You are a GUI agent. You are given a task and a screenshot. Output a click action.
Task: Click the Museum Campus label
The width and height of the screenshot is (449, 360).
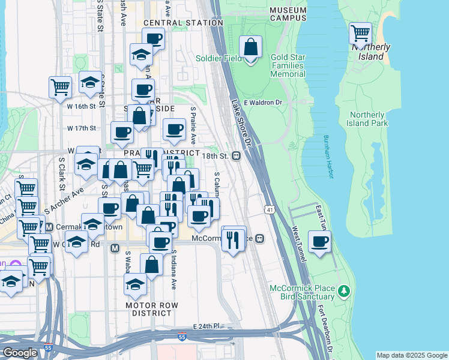point(288,14)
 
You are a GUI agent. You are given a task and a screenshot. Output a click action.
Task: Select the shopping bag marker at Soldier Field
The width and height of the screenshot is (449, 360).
point(251,47)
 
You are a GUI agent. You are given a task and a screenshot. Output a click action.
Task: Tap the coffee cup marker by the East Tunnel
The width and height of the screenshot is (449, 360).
point(319,242)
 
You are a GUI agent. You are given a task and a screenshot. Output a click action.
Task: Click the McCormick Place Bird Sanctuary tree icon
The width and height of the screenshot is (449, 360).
point(343,292)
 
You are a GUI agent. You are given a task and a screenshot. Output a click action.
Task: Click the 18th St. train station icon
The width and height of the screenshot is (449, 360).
point(237,156)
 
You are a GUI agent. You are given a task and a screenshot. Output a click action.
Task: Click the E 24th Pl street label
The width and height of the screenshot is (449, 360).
point(207,326)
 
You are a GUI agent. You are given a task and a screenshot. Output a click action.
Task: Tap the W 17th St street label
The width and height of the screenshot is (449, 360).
point(82,128)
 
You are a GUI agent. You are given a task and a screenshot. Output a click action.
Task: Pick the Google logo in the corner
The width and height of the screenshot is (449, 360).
point(20,353)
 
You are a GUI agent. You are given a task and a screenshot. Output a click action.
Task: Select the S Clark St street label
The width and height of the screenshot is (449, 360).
point(61,171)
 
